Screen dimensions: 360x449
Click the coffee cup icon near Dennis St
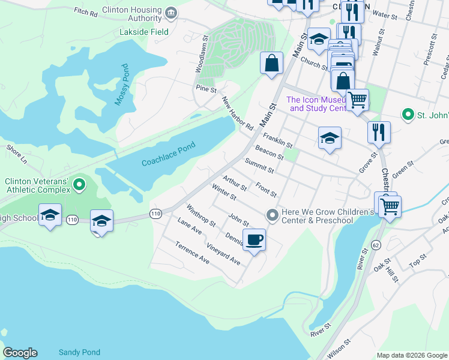point(254,240)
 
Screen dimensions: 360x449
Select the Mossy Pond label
point(122,85)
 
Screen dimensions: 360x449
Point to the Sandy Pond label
point(79,352)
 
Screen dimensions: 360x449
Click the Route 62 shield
point(376,245)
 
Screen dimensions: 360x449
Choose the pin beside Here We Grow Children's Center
point(273,214)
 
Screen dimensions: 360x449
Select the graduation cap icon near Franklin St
point(329,138)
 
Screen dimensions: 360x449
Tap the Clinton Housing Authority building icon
point(171,13)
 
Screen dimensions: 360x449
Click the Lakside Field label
point(144,31)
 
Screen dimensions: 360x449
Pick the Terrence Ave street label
point(192,253)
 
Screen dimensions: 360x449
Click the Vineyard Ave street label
point(223,254)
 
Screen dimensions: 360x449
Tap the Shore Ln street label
point(17,154)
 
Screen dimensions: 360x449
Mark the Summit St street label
point(259,166)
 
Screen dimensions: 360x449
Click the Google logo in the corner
point(20,353)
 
